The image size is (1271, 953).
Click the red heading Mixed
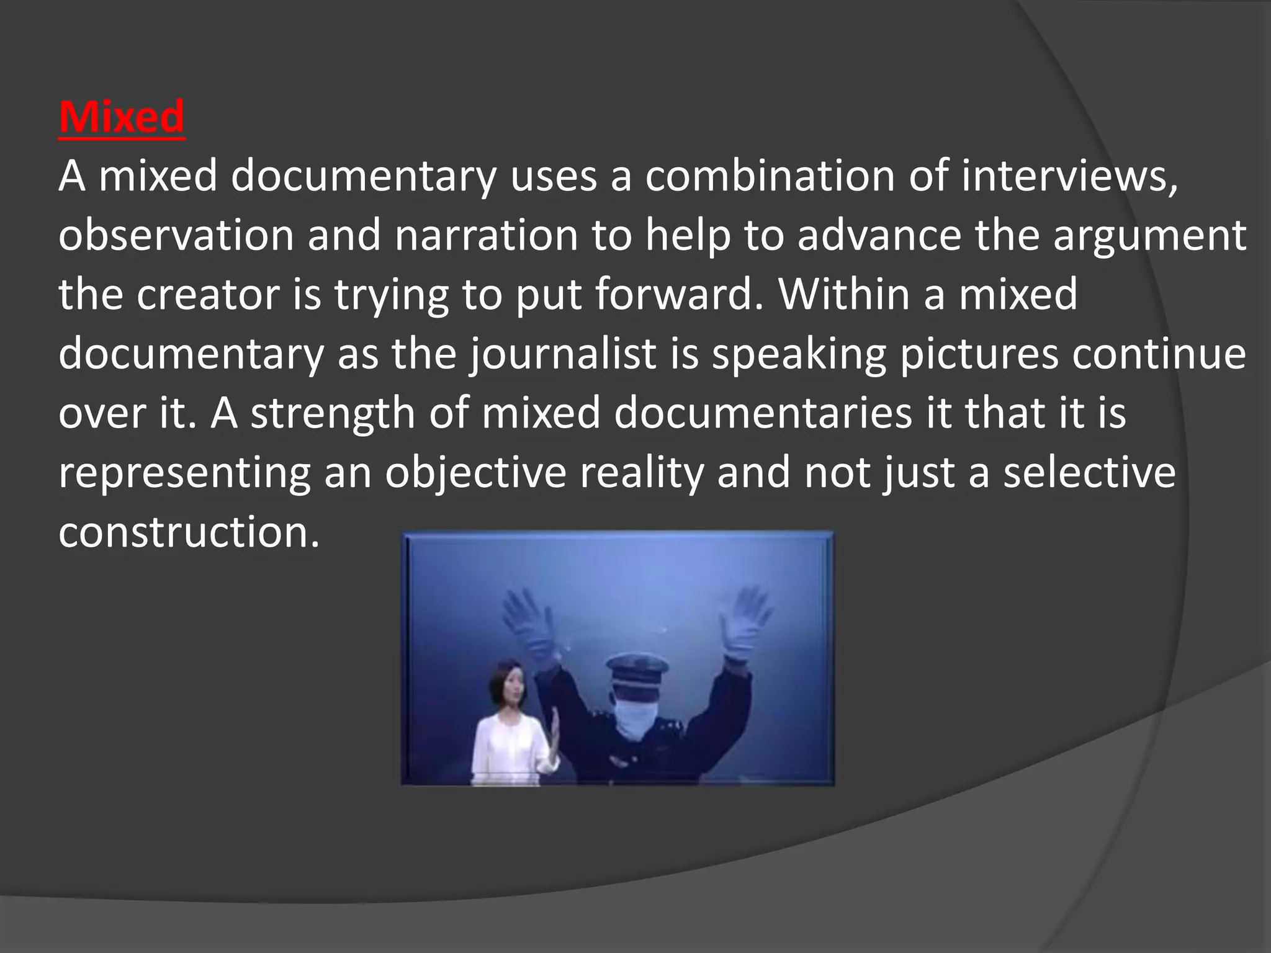click(x=122, y=117)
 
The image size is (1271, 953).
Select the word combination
click(x=769, y=176)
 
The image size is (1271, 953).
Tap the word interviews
click(x=1069, y=176)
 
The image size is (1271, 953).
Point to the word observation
click(x=176, y=236)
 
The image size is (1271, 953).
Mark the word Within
click(x=845, y=294)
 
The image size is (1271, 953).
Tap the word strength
click(x=333, y=413)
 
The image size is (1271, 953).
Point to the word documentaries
click(x=763, y=413)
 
